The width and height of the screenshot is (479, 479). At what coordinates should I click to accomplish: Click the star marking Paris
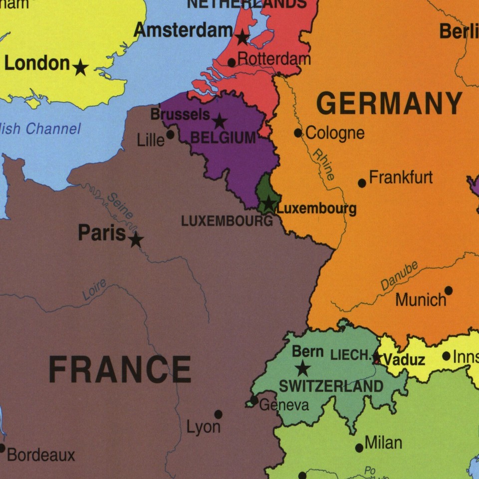(136, 240)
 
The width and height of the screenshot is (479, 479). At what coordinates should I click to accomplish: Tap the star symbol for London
(80, 67)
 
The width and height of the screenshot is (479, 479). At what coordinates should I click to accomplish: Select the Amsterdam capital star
(242, 37)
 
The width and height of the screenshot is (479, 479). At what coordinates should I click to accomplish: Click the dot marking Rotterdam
(232, 63)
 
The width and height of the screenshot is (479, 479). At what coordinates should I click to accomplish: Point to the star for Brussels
(220, 121)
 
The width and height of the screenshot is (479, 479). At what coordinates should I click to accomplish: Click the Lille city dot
(170, 135)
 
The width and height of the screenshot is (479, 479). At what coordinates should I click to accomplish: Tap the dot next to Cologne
(298, 133)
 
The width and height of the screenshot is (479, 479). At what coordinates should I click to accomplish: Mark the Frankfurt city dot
(362, 183)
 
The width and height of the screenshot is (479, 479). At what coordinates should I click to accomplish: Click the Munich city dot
(448, 290)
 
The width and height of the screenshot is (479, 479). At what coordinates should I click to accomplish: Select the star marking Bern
(302, 369)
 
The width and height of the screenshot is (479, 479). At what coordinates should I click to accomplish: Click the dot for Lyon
(218, 414)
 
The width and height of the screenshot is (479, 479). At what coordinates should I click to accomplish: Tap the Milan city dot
(359, 448)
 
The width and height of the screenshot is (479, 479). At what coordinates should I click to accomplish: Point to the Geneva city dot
(254, 401)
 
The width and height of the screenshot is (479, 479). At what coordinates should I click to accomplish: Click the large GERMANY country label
(389, 104)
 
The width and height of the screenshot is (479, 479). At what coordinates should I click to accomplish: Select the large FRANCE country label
(120, 370)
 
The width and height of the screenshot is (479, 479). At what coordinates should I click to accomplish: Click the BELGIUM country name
(223, 138)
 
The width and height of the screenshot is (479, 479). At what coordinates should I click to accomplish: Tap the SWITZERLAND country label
(331, 386)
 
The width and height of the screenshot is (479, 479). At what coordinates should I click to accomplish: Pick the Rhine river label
(324, 164)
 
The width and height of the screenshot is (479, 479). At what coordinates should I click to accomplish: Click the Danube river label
(399, 276)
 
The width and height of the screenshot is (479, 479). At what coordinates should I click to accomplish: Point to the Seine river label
(120, 206)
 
